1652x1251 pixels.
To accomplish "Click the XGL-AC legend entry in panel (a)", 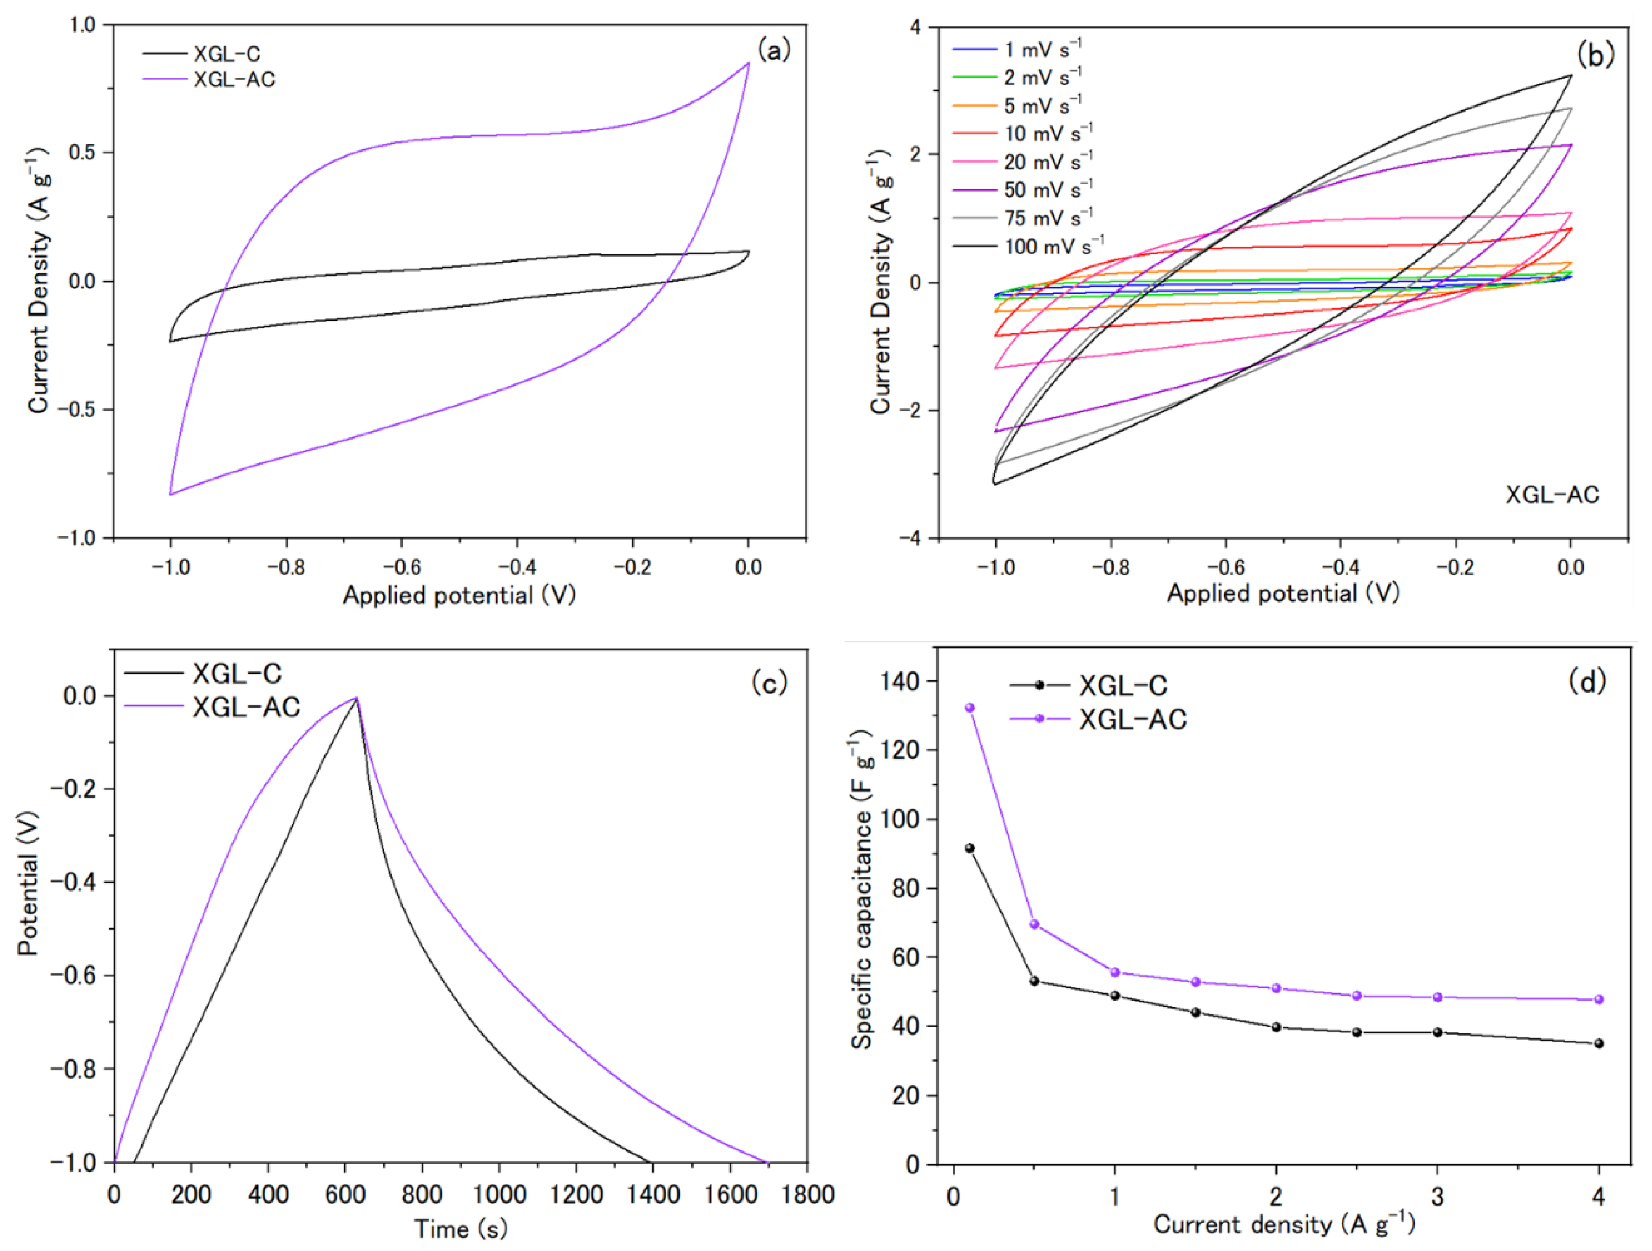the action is pyautogui.click(x=209, y=79).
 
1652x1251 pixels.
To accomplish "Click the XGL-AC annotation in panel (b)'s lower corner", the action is pyautogui.click(x=1552, y=495).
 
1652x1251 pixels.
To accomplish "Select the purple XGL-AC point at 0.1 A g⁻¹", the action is pyautogui.click(x=970, y=707).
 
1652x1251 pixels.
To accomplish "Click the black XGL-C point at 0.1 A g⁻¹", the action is pyautogui.click(x=970, y=848).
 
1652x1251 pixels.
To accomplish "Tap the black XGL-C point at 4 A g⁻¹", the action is pyautogui.click(x=1598, y=1043).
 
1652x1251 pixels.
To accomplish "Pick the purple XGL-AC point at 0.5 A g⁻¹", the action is pyautogui.click(x=1034, y=924).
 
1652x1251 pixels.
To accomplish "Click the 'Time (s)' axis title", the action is pyautogui.click(x=461, y=1228).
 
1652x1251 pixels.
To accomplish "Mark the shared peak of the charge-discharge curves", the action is pyautogui.click(x=357, y=698).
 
